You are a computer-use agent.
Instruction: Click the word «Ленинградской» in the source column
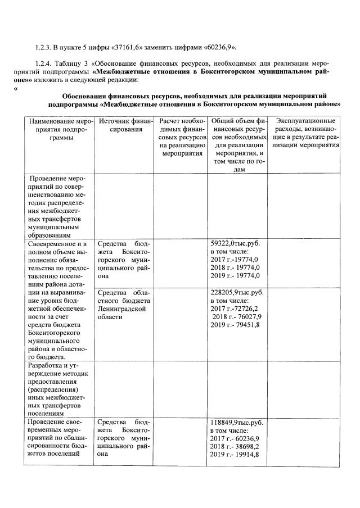122,309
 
